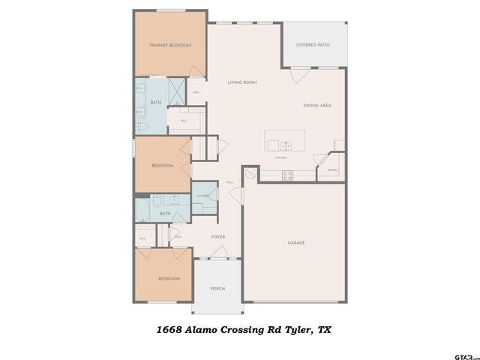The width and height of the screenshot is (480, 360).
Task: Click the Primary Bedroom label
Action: pyautogui.click(x=170, y=46)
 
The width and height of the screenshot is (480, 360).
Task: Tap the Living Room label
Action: pyautogui.click(x=242, y=82)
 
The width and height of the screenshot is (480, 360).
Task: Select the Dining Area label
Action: pyautogui.click(x=317, y=106)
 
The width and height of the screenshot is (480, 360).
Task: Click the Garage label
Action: pyautogui.click(x=296, y=242)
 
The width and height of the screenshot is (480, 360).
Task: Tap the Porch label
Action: pyautogui.click(x=217, y=289)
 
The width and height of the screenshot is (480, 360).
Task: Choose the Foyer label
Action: pyautogui.click(x=217, y=237)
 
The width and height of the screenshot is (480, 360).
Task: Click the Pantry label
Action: pyautogui.click(x=332, y=170)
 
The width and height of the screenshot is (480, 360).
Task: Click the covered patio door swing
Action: pyautogui.click(x=300, y=73)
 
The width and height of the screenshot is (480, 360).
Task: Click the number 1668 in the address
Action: pyautogui.click(x=169, y=328)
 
